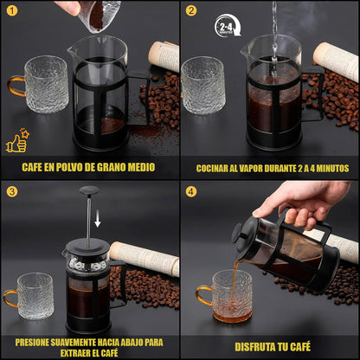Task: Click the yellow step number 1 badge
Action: click(12, 10)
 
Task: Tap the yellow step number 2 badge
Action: click(191, 10)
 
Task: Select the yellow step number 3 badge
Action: click(12, 192)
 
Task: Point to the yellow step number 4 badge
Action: click(191, 192)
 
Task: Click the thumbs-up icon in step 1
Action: click(17, 140)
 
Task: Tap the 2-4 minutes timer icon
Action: click(228, 26)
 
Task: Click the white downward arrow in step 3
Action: click(98, 218)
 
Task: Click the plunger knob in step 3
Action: click(89, 190)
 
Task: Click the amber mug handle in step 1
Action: click(16, 86)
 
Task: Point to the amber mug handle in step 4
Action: click(204, 295)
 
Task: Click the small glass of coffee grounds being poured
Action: click(100, 16)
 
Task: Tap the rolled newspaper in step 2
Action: click(336, 61)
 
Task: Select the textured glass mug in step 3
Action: click(32, 296)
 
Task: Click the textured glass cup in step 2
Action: click(203, 85)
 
